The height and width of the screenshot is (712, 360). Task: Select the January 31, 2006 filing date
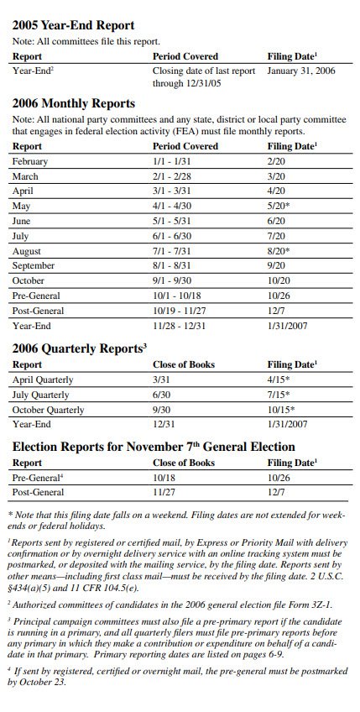(x=300, y=71)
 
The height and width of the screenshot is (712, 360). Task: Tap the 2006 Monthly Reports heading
(x=73, y=103)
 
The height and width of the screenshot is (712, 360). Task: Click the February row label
(x=30, y=161)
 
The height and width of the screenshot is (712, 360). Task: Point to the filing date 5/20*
(x=279, y=206)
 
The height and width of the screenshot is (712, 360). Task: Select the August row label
(x=27, y=251)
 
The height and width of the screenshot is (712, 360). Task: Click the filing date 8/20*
(x=279, y=251)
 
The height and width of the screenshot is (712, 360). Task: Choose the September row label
(x=34, y=266)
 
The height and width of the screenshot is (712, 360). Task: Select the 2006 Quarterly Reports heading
(x=77, y=348)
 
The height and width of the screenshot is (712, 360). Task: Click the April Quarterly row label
(x=43, y=380)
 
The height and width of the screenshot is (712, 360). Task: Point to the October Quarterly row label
(x=48, y=410)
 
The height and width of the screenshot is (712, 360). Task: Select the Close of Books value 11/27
(x=164, y=493)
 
